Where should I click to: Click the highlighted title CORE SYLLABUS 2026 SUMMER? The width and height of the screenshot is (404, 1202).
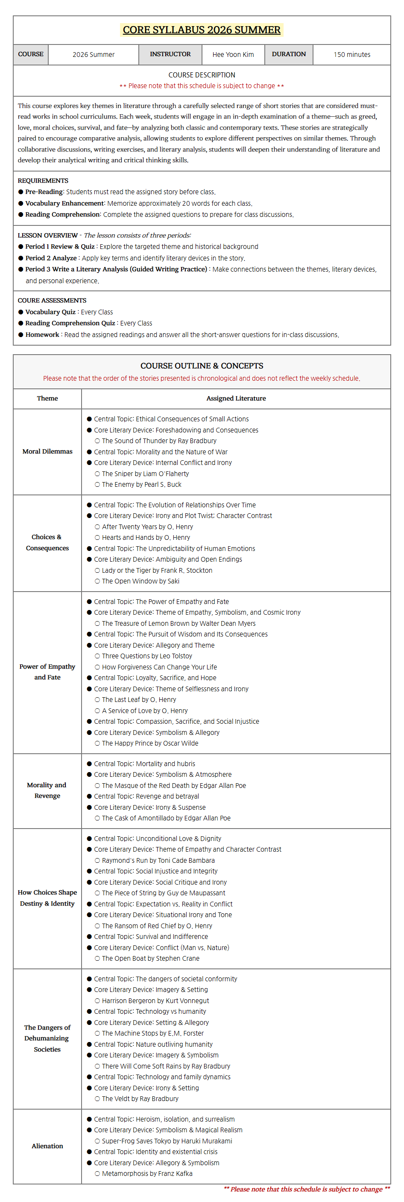pyautogui.click(x=201, y=30)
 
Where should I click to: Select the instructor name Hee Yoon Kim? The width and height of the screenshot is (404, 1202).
pyautogui.click(x=233, y=55)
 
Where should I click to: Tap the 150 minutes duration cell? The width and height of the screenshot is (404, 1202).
pyautogui.click(x=352, y=55)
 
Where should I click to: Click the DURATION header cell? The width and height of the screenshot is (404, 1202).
pyautogui.click(x=288, y=54)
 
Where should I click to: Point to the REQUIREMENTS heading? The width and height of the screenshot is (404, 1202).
pyautogui.click(x=43, y=181)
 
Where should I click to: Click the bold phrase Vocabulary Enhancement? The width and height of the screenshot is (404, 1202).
pyautogui.click(x=64, y=204)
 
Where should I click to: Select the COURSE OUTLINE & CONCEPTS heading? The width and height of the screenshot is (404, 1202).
pyautogui.click(x=201, y=366)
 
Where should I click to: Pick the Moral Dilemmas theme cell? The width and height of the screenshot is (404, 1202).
pyautogui.click(x=47, y=452)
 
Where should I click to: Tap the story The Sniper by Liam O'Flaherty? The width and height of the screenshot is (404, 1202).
pyautogui.click(x=145, y=474)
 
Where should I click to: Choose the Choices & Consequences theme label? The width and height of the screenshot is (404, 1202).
pyautogui.click(x=47, y=543)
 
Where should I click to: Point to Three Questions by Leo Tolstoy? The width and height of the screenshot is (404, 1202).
pyautogui.click(x=147, y=656)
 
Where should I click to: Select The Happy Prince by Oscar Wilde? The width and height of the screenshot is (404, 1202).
pyautogui.click(x=149, y=743)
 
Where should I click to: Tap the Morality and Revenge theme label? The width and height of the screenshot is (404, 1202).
pyautogui.click(x=47, y=790)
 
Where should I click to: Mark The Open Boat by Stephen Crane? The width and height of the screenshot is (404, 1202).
pyautogui.click(x=150, y=959)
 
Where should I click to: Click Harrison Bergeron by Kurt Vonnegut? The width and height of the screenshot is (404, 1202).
pyautogui.click(x=155, y=1001)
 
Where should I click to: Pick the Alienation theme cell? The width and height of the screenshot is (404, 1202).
pyautogui.click(x=47, y=1146)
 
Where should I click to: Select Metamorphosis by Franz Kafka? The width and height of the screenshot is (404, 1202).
pyautogui.click(x=147, y=1173)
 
